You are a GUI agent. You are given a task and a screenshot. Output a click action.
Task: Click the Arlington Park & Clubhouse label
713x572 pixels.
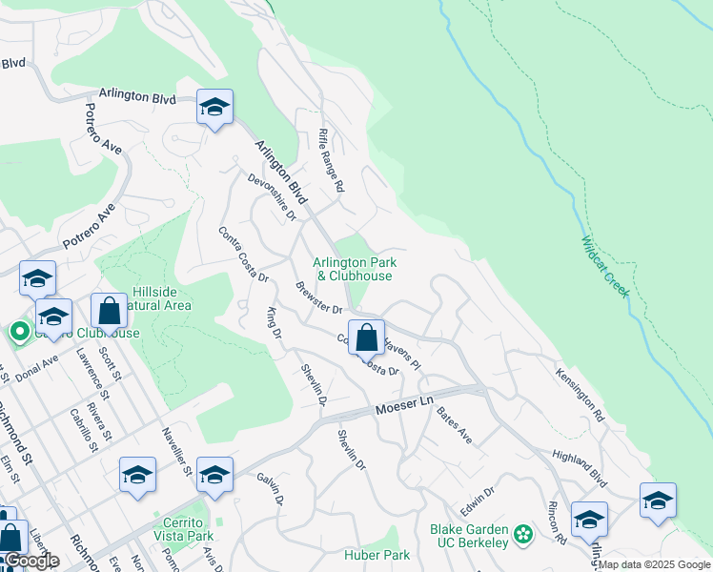pyautogui.click(x=355, y=269)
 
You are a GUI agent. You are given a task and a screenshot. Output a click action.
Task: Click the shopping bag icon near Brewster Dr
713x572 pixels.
pyautogui.click(x=366, y=337)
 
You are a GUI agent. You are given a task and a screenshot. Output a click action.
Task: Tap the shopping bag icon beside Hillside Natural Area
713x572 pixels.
pyautogui.click(x=110, y=310)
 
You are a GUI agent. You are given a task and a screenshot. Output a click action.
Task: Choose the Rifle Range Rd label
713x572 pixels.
pyautogui.click(x=330, y=161)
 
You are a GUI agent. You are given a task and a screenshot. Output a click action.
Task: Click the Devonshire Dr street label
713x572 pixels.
pyautogui.click(x=272, y=196)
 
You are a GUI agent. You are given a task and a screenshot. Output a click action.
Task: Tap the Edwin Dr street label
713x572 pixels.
pyautogui.click(x=477, y=498)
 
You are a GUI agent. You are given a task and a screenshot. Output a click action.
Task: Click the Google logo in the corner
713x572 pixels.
pyautogui.click(x=31, y=562)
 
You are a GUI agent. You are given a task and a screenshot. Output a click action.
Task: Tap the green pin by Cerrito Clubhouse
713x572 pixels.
pyautogui.click(x=18, y=333)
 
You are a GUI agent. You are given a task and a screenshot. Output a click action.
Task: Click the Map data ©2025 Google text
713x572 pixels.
pyautogui.click(x=655, y=564)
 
